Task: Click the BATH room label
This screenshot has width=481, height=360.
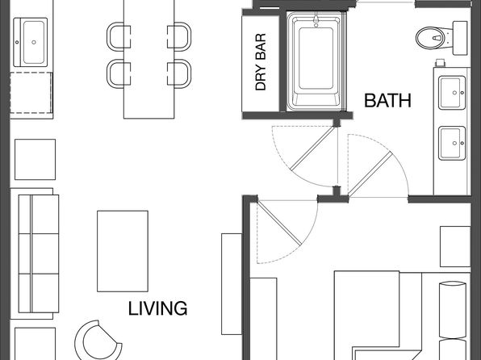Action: click(x=387, y=100)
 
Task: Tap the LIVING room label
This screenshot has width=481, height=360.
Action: click(x=157, y=308)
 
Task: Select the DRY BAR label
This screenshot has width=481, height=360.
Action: click(x=261, y=62)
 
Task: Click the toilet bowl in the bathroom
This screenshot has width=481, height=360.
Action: click(x=431, y=38)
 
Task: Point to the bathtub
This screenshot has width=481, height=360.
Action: click(x=316, y=61)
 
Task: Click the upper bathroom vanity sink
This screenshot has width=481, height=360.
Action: click(x=452, y=93)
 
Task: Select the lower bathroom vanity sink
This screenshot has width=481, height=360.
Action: click(x=452, y=143)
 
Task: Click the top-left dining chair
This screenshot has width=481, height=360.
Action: click(x=119, y=36)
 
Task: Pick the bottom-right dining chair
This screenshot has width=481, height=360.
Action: click(x=179, y=73)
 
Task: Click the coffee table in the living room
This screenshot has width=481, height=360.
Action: click(x=123, y=251)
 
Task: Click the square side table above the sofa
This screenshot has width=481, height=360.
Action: click(x=35, y=159)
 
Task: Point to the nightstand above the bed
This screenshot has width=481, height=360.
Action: click(x=455, y=246)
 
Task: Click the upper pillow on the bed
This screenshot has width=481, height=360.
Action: click(x=453, y=310)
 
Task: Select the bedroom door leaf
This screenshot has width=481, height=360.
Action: click(x=278, y=222)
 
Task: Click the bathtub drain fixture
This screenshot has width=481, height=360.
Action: click(x=316, y=19)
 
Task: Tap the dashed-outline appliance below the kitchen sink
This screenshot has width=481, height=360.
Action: click(x=31, y=93)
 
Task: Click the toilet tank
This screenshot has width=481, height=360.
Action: click(x=460, y=38)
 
